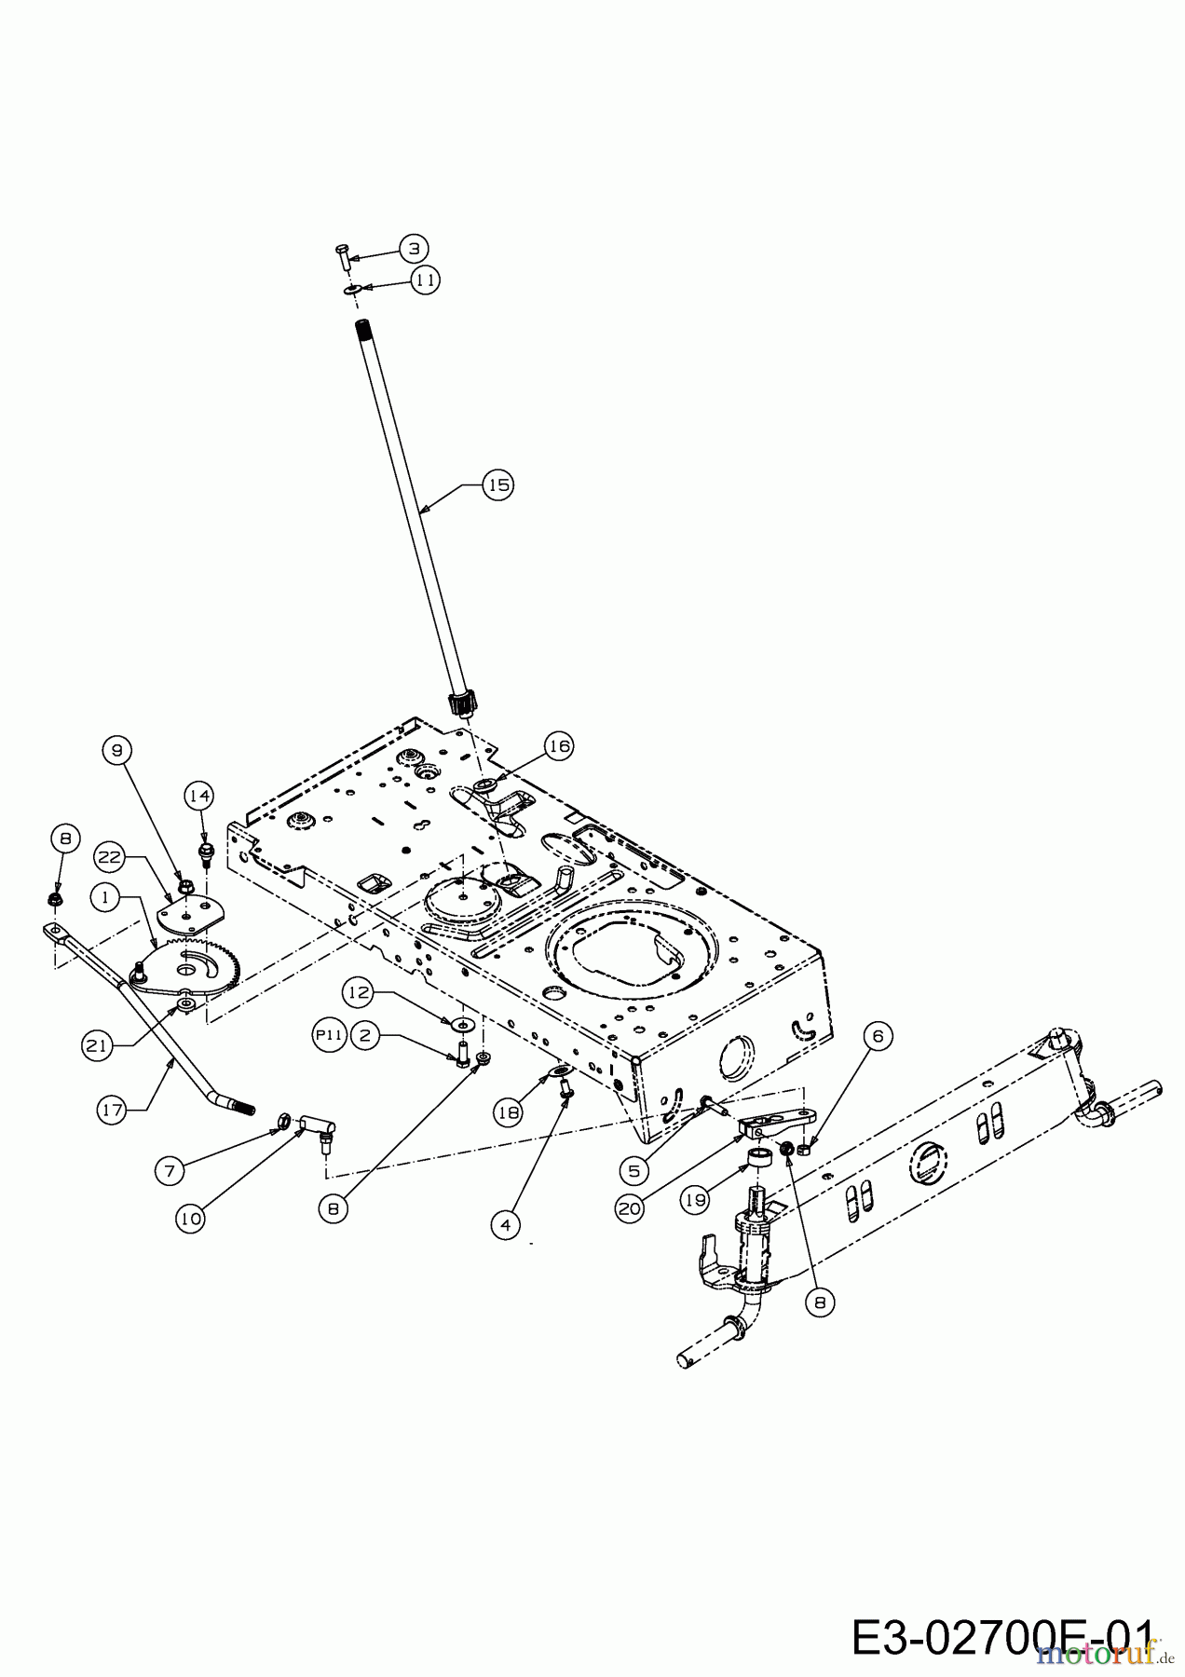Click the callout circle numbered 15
pyautogui.click(x=498, y=485)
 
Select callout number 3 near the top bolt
pyautogui.click(x=415, y=248)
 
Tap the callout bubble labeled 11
pyautogui.click(x=425, y=280)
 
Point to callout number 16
pyautogui.click(x=559, y=746)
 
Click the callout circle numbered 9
pyautogui.click(x=117, y=749)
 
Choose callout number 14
pyautogui.click(x=198, y=796)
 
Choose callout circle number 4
pyautogui.click(x=505, y=1225)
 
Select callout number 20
pyautogui.click(x=630, y=1208)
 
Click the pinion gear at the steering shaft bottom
pyautogui.click(x=462, y=702)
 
